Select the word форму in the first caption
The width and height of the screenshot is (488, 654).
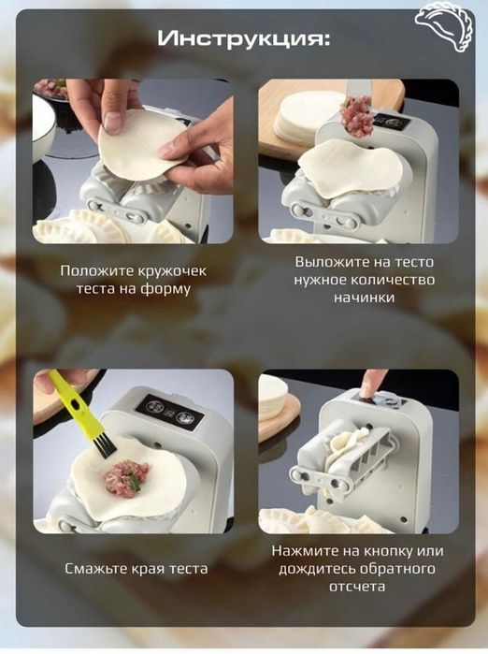point(168,289)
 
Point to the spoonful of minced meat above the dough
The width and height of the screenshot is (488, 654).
point(356,117)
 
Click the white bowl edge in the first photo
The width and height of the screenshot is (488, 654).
point(42,131)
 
